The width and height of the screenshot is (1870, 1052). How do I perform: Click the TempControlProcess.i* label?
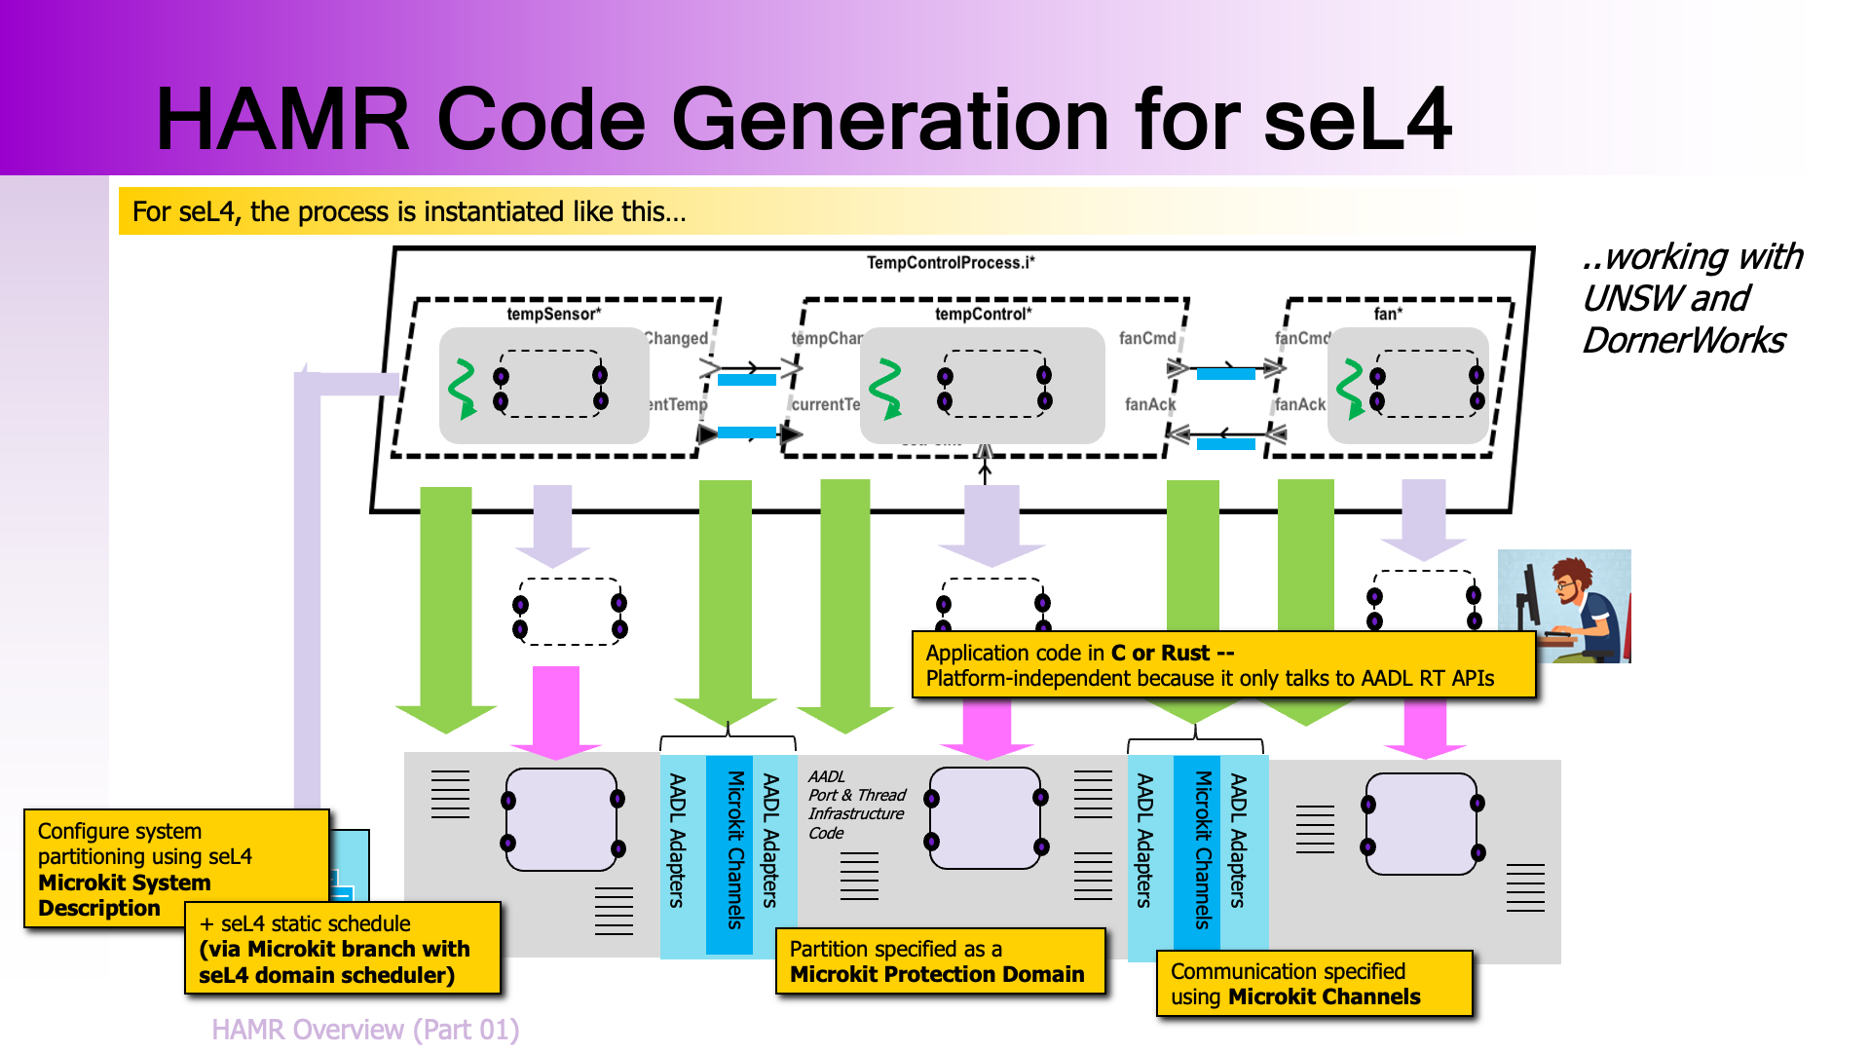pyautogui.click(x=950, y=263)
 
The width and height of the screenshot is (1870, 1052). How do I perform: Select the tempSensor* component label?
pyautogui.click(x=553, y=314)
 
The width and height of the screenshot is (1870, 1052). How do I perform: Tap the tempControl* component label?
pyautogui.click(x=983, y=314)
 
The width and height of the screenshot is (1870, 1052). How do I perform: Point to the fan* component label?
pyautogui.click(x=1388, y=314)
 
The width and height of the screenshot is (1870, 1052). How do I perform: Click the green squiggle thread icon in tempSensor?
pyautogui.click(x=462, y=389)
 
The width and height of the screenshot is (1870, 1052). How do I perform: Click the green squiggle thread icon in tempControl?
pyautogui.click(x=885, y=389)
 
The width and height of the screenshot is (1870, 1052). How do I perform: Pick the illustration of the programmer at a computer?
pyautogui.click(x=1563, y=606)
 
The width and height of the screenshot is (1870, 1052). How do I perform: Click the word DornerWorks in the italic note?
pyautogui.click(x=1683, y=341)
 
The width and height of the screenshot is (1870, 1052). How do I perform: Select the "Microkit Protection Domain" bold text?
pyautogui.click(x=937, y=975)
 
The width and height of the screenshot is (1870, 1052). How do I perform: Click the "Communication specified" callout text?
pyautogui.click(x=1288, y=971)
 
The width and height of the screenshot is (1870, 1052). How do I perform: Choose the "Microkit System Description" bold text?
pyautogui.click(x=124, y=895)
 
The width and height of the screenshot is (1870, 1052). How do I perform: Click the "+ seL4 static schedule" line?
pyautogui.click(x=305, y=923)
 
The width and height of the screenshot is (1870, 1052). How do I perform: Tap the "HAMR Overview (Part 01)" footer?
pyautogui.click(x=365, y=1030)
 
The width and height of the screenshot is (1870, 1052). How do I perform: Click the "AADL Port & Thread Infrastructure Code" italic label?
pyautogui.click(x=855, y=805)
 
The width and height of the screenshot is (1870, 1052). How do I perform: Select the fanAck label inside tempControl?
pyautogui.click(x=1149, y=404)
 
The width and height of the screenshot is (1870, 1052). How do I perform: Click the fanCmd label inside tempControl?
pyautogui.click(x=1146, y=338)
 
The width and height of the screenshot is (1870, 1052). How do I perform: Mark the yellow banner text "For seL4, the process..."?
pyautogui.click(x=409, y=211)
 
